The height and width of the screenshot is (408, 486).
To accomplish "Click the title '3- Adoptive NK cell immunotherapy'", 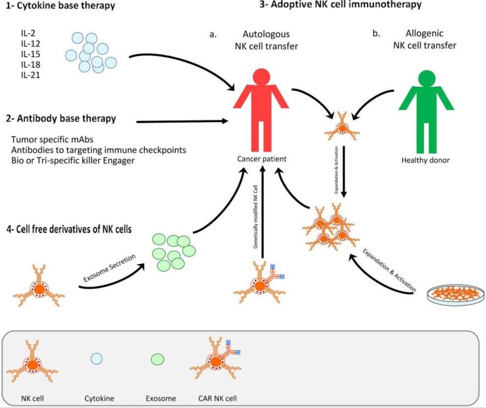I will coord(340,5).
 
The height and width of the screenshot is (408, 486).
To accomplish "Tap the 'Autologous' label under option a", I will coord(266,35).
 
